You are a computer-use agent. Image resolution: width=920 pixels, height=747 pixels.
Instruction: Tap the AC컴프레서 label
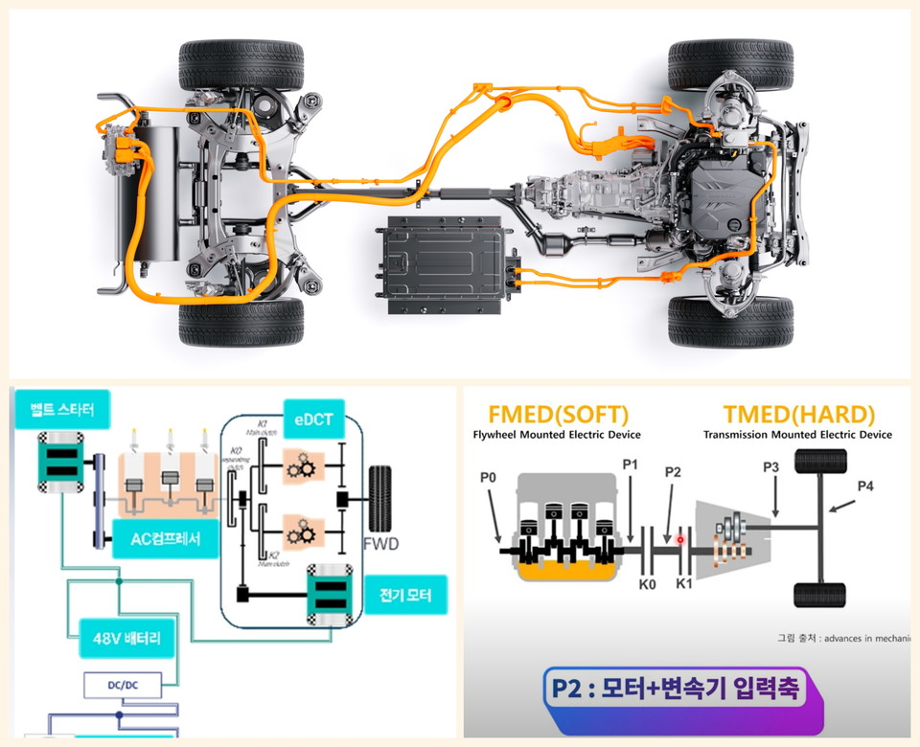[x=164, y=539]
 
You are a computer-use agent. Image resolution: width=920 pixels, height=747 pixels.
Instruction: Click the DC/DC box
[x=121, y=686]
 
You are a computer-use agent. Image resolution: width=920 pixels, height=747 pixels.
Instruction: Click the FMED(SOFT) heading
[x=559, y=415]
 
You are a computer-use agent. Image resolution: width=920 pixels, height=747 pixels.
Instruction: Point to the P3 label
[x=772, y=466]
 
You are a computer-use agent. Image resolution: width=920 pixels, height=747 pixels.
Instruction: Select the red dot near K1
[x=680, y=540]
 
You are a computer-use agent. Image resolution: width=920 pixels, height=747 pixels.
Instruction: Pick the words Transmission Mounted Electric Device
[x=797, y=435]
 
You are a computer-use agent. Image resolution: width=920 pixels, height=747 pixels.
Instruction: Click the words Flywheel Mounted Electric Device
[x=557, y=435]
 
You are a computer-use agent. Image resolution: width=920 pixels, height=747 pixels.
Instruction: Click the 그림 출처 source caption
[x=843, y=638]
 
